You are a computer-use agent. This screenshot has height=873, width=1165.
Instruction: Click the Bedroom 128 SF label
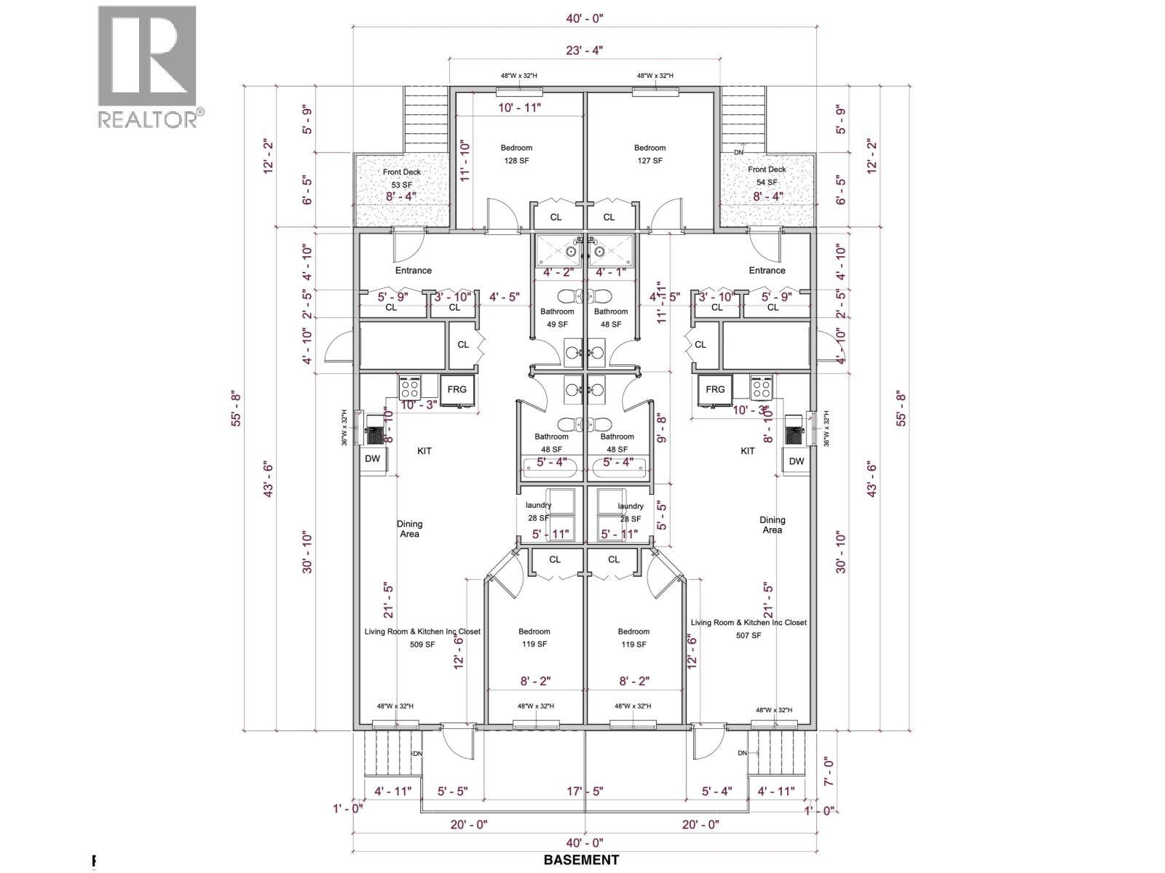point(516,154)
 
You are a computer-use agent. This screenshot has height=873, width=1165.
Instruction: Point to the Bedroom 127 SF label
point(649,154)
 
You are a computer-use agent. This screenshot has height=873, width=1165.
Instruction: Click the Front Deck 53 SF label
point(402,178)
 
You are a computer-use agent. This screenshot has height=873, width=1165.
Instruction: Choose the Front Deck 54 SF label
point(767,176)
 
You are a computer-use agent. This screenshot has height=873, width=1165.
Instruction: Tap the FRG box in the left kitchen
point(457,389)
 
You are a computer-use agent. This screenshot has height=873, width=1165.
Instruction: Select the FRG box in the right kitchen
point(715,389)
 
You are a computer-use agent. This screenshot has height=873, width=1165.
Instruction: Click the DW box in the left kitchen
point(372,459)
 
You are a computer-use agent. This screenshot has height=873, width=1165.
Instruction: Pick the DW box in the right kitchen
point(797,461)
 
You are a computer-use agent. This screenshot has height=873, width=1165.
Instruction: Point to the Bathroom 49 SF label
point(557,318)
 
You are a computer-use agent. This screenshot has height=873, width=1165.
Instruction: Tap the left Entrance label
point(414,270)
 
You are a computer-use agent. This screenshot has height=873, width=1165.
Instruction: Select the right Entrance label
point(767,270)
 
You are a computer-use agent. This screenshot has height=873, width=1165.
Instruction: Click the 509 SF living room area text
point(422,645)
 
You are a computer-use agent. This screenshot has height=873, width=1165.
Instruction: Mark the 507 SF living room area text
point(748,635)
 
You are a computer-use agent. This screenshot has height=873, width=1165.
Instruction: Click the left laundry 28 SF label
point(539,511)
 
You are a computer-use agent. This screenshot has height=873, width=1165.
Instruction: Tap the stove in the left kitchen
point(409,386)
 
